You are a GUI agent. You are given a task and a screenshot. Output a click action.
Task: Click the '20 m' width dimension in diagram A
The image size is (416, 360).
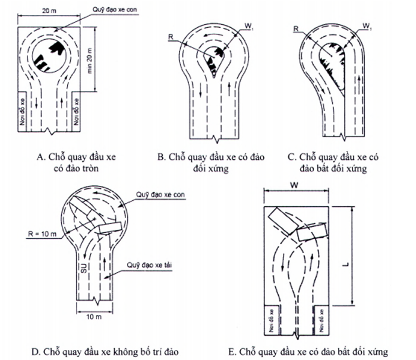[x=51, y=11]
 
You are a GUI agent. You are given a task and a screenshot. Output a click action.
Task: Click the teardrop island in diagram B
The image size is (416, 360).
[x=213, y=62]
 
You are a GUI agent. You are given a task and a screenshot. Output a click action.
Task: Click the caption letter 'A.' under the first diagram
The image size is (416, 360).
[x=40, y=157]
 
